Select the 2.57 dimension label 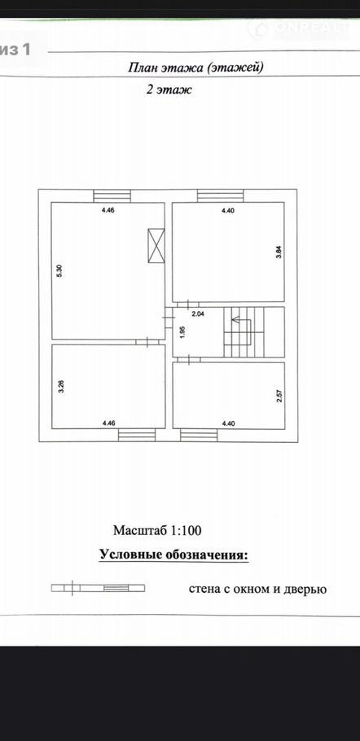point(279,396)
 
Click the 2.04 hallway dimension point(197,313)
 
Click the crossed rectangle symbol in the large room point(156,245)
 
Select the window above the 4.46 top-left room point(112,195)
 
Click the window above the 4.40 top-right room point(220,195)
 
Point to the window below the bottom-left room point(137,435)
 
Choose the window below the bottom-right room point(199,435)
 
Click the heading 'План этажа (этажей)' point(195,68)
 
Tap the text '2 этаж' point(169,90)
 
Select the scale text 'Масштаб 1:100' point(157,530)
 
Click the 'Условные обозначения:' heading point(173,555)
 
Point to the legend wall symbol point(98,588)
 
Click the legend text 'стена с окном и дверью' point(258,589)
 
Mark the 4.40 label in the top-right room point(228,211)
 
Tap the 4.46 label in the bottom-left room point(108,423)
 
